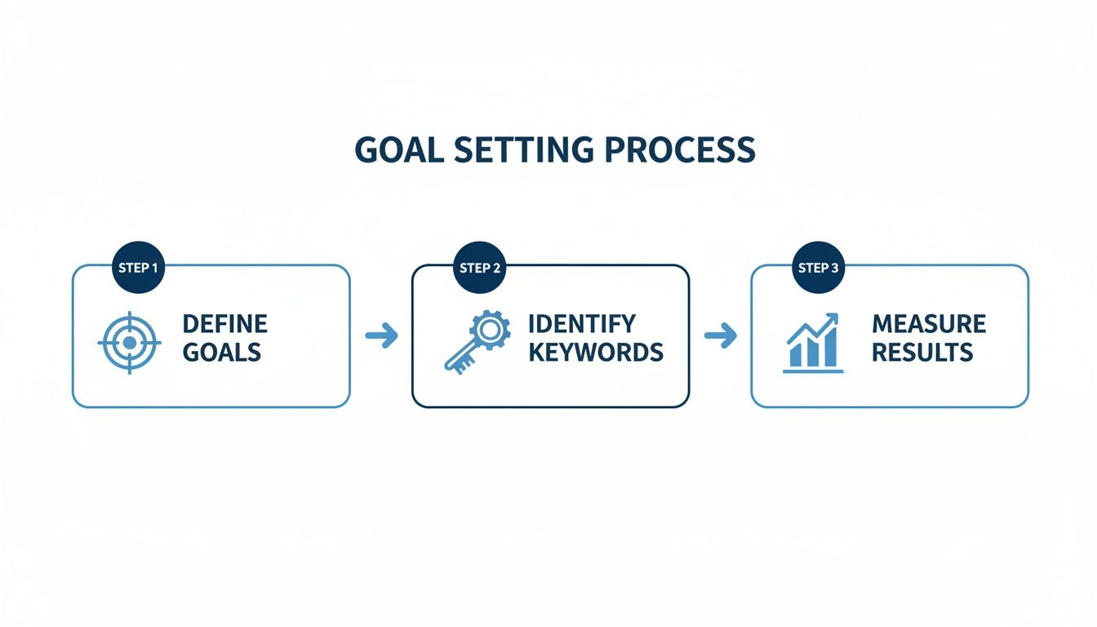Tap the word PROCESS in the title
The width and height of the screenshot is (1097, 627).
(688, 150)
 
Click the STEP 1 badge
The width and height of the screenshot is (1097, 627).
(138, 267)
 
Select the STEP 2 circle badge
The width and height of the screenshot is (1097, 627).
(480, 267)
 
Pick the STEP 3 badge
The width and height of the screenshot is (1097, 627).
(819, 267)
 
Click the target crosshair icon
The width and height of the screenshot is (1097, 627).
(129, 343)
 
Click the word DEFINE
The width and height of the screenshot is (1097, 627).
(224, 323)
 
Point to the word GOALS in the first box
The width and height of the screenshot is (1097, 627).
(221, 353)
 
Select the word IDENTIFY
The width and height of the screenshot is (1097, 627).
(581, 323)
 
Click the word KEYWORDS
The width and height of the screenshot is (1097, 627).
(595, 353)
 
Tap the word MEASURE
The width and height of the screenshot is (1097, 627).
(929, 323)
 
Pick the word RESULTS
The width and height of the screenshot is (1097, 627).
(922, 353)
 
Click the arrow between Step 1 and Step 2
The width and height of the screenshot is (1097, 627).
(381, 336)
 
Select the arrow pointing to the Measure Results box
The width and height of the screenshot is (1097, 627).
(720, 336)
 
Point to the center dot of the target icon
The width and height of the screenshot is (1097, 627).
(129, 343)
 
